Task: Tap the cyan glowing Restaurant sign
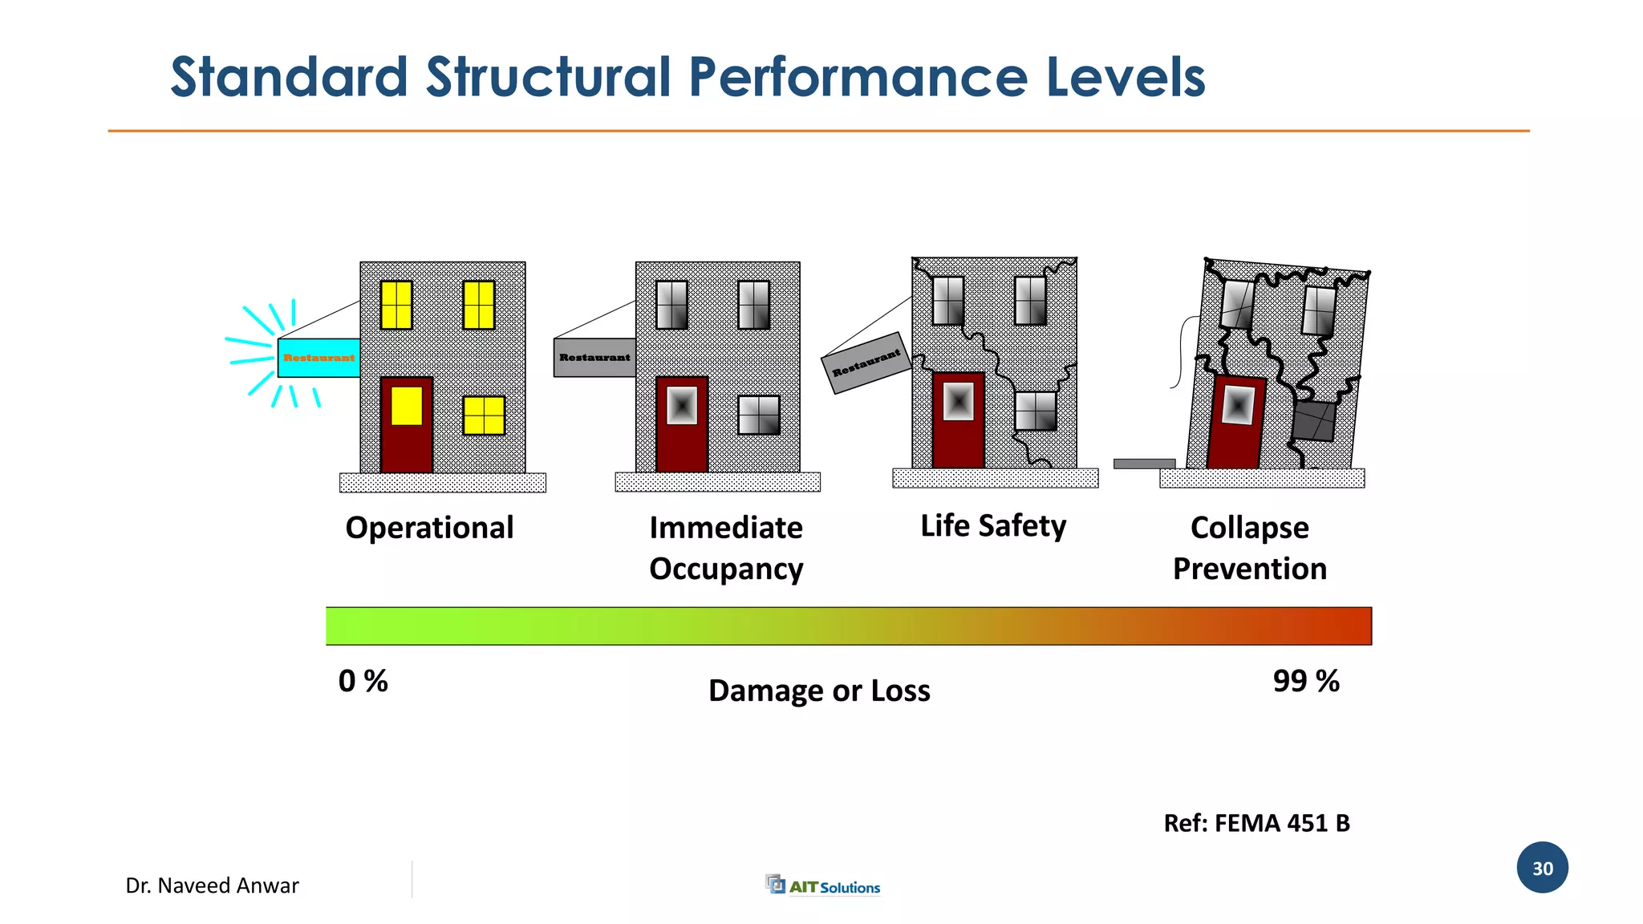click(318, 358)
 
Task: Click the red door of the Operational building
click(407, 425)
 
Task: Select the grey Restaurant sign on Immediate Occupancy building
click(594, 358)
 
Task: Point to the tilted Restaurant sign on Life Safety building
click(866, 363)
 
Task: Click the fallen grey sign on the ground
click(1144, 464)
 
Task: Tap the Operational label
click(429, 528)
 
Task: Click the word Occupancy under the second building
click(726, 569)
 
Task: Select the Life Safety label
click(993, 526)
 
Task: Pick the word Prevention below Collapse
click(1249, 569)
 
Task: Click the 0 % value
click(363, 681)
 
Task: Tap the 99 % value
click(1306, 681)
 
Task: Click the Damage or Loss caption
click(819, 691)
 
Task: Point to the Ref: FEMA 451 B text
click(1256, 823)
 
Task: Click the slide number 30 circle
click(1542, 868)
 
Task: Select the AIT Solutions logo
click(823, 885)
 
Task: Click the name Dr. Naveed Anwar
click(212, 885)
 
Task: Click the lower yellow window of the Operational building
click(484, 415)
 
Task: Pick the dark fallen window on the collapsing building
click(1314, 421)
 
